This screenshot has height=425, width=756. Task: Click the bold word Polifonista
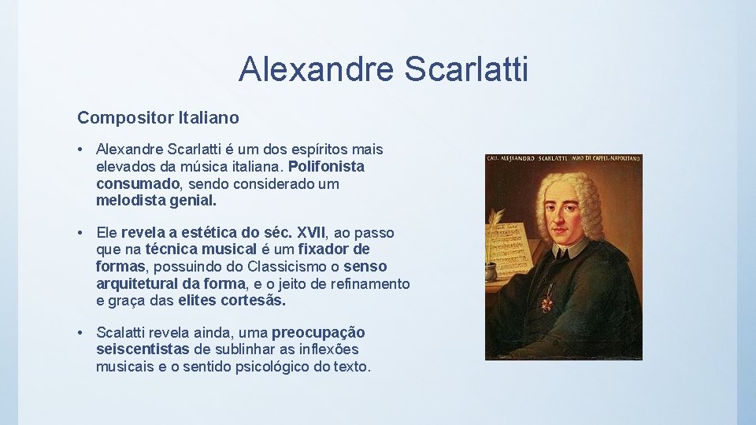pyautogui.click(x=326, y=166)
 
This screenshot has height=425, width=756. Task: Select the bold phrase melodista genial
pyautogui.click(x=155, y=201)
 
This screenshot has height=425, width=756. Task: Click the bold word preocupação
pyautogui.click(x=318, y=333)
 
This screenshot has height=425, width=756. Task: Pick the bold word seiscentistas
pyautogui.click(x=143, y=349)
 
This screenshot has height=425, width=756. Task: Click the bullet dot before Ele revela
pyautogui.click(x=81, y=233)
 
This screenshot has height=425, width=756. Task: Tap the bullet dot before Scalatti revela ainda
pyautogui.click(x=81, y=333)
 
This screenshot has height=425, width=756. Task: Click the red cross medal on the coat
pyautogui.click(x=546, y=300)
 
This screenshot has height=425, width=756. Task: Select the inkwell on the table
pyautogui.click(x=491, y=272)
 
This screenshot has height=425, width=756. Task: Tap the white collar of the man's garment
pyautogui.click(x=572, y=249)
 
